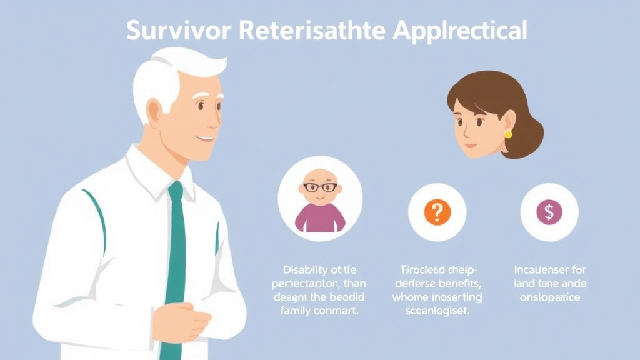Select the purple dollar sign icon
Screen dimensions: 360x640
pyautogui.click(x=549, y=212)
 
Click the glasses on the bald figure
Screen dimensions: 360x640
pyautogui.click(x=320, y=186)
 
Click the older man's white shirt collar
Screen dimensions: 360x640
pyautogui.click(x=156, y=172)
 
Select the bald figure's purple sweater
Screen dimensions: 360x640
pyautogui.click(x=320, y=217)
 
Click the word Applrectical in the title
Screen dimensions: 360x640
pyautogui.click(x=460, y=31)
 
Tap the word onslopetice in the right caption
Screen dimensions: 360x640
pyautogui.click(x=549, y=297)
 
